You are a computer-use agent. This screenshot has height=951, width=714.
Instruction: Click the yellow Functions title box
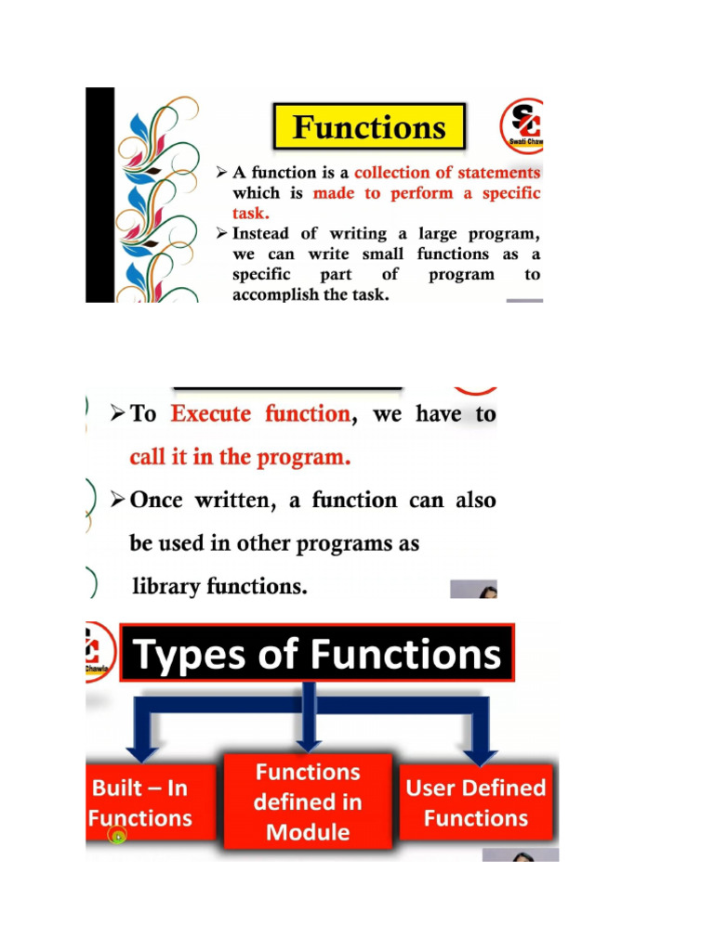pos(369,126)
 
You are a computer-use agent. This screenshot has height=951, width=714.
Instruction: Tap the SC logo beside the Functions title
pos(523,124)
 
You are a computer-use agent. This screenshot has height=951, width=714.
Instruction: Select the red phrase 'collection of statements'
pos(447,173)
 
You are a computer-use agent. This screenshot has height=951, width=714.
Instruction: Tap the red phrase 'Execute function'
pos(261,414)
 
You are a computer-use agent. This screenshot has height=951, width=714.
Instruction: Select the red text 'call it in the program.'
pos(240,457)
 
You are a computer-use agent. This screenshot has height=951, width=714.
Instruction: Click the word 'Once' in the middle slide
pos(158,501)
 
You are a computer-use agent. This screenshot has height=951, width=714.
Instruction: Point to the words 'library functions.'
pos(219,587)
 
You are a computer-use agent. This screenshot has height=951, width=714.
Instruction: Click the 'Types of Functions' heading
pos(317,655)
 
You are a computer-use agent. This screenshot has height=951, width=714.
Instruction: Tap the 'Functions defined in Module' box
pos(308,802)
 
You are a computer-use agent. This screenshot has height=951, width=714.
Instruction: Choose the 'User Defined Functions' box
pos(476,803)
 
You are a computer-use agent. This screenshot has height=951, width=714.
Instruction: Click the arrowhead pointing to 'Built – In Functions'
pos(142,749)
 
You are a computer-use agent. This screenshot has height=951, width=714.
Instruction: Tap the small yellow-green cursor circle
pos(118,837)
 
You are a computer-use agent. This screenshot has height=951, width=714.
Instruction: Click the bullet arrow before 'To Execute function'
pos(117,414)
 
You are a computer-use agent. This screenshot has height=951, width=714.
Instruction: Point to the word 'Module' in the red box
pos(308,832)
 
